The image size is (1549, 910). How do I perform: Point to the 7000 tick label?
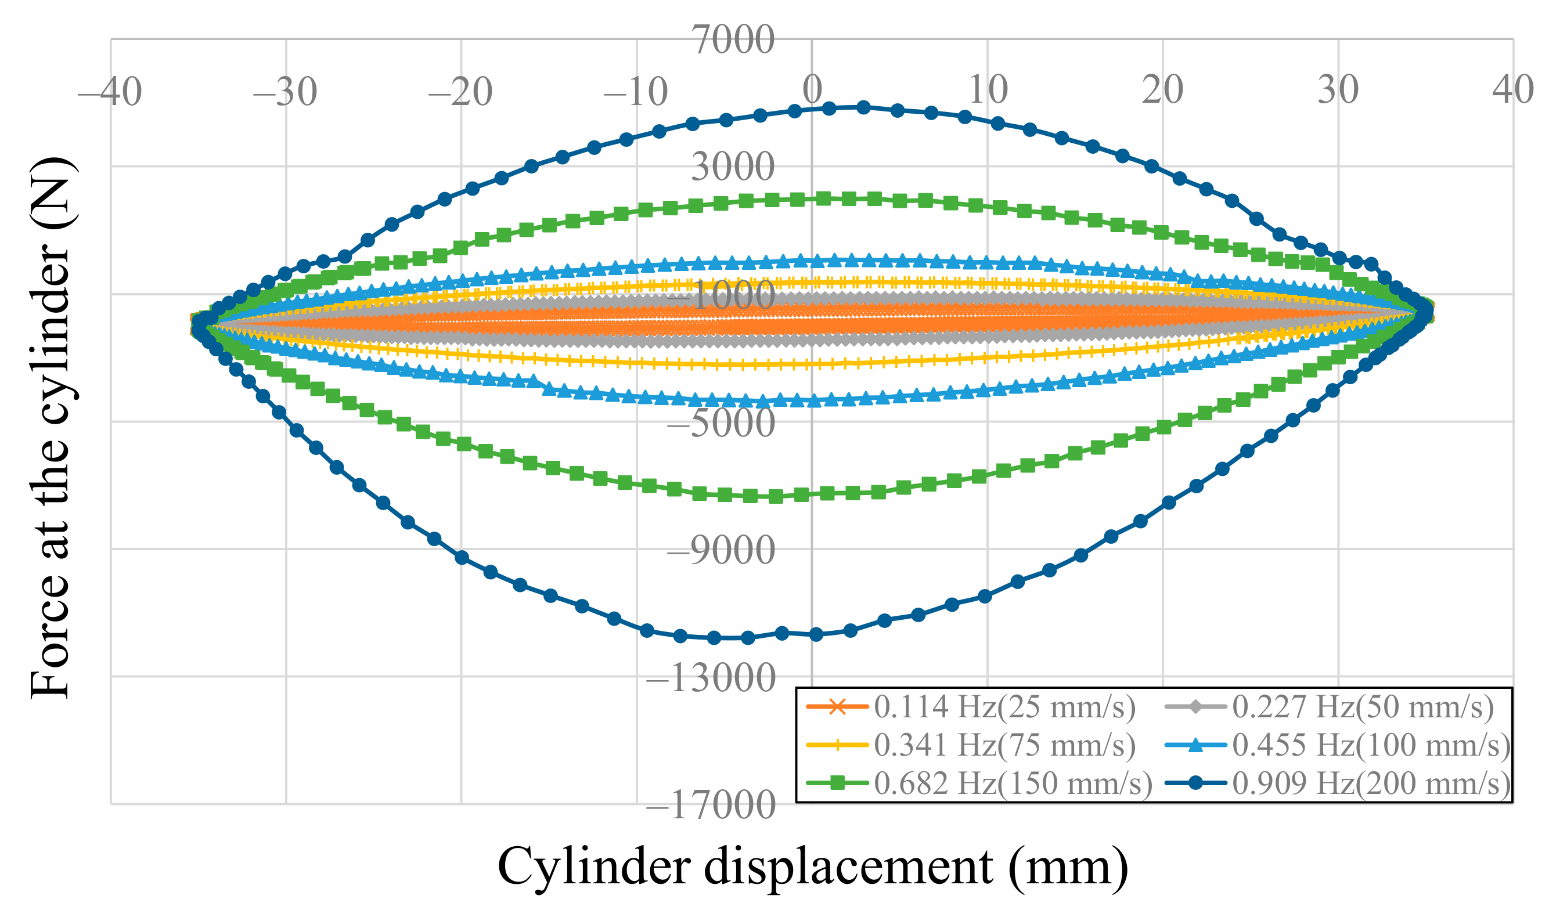pos(733,41)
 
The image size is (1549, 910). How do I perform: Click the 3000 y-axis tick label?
pos(733,167)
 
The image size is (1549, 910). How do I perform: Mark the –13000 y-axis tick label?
pos(711,678)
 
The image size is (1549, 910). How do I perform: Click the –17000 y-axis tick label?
pos(711,806)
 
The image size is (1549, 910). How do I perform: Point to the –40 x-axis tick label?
pos(110,92)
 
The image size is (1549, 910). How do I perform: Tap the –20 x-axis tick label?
pos(460,92)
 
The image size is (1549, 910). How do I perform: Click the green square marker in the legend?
pos(837,783)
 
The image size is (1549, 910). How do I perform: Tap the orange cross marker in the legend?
pos(837,707)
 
